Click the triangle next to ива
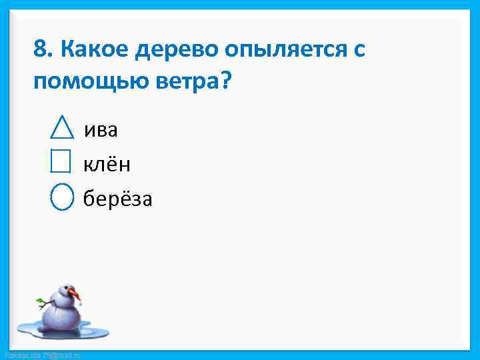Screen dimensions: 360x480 pos(61,128)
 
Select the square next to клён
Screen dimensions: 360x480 pos(60,161)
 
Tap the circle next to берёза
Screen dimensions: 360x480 pos(61,197)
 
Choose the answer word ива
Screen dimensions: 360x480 pos(101,129)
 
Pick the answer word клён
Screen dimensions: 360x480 pos(106,163)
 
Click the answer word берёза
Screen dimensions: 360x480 pos(117,199)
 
